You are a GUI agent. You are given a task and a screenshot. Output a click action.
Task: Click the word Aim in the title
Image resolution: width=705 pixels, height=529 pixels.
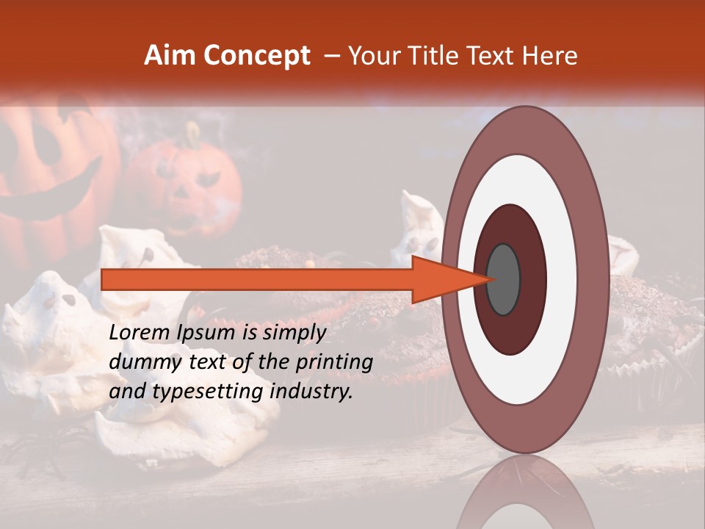[x=170, y=56]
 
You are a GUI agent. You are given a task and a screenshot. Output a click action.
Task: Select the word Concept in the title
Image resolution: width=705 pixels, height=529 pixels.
[x=257, y=56]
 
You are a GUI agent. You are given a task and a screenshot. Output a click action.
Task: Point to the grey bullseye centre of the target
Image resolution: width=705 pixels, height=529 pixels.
[x=504, y=279]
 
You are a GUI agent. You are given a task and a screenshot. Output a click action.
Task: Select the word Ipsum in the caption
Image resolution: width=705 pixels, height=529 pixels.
[x=208, y=334]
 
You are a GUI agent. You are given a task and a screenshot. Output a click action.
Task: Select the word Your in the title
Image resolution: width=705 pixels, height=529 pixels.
[x=374, y=56]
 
